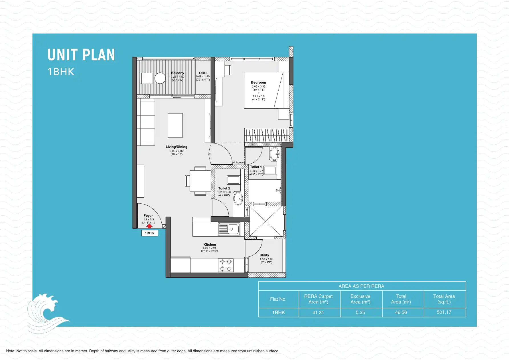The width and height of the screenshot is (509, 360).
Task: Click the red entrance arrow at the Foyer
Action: pyautogui.click(x=149, y=226)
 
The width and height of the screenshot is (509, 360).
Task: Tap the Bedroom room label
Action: pyautogui.click(x=258, y=82)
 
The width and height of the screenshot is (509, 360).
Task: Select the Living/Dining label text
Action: pyautogui.click(x=177, y=147)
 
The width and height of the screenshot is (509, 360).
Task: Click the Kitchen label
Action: pyautogui.click(x=210, y=244)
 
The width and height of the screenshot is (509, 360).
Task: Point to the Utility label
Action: pyautogui.click(x=264, y=255)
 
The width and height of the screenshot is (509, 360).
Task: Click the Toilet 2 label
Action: pyautogui.click(x=224, y=188)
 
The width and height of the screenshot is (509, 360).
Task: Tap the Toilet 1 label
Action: pyautogui.click(x=256, y=167)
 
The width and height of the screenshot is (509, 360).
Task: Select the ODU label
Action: pyautogui.click(x=203, y=73)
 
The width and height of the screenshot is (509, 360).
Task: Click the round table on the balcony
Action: pyautogui.click(x=160, y=78)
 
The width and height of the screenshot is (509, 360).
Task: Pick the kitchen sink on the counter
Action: pyautogui.click(x=229, y=229)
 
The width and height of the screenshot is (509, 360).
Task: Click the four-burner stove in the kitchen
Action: pyautogui.click(x=226, y=265)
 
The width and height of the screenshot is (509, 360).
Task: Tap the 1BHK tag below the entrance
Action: pyautogui.click(x=149, y=233)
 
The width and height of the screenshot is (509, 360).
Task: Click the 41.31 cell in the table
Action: pyautogui.click(x=318, y=313)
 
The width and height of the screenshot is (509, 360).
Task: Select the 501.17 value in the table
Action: pyautogui.click(x=444, y=312)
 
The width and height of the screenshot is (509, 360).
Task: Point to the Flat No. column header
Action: pyautogui.click(x=278, y=299)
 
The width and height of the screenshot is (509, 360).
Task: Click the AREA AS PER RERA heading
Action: pyautogui.click(x=361, y=286)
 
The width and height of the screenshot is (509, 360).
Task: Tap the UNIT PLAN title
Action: pyautogui.click(x=81, y=55)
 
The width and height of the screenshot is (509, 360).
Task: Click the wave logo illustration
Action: pyautogui.click(x=46, y=312)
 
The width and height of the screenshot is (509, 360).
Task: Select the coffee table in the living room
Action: pyautogui.click(x=175, y=126)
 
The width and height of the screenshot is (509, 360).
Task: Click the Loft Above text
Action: pyautogui.click(x=237, y=162)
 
